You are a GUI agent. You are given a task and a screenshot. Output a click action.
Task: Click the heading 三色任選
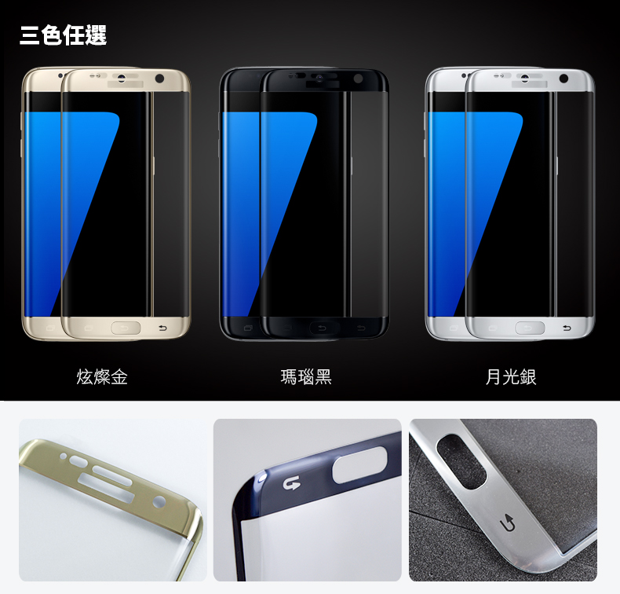pos(64,35)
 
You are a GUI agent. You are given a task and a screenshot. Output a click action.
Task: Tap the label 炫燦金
pos(102,376)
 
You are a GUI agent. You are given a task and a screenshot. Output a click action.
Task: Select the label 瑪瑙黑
pos(306,376)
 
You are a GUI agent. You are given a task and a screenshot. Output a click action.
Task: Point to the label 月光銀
pos(511,376)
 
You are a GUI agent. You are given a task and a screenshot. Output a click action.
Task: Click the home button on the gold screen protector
pos(126,328)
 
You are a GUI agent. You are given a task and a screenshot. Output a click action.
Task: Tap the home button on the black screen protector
pos(324,328)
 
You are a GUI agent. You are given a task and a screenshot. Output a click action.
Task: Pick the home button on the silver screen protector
pos(530,328)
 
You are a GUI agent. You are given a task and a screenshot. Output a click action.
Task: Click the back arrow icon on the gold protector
pos(162,328)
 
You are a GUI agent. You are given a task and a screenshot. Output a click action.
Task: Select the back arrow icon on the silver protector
pos(567,328)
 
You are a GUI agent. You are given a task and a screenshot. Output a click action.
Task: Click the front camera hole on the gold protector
pos(160,79)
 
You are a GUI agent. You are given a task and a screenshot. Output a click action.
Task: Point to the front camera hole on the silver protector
pos(563,79)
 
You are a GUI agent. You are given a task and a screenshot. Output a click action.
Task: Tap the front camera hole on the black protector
pos(358,79)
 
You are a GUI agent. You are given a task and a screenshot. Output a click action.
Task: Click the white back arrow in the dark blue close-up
pos(292,483)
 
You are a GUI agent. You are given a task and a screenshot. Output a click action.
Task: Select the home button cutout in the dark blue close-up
pos(359,465)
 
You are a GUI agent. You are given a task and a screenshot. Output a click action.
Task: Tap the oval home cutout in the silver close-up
pos(461,461)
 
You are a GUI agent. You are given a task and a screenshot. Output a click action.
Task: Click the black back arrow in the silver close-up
pos(507,523)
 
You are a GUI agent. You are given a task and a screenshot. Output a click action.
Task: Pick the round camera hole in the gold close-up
pos(159,503)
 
